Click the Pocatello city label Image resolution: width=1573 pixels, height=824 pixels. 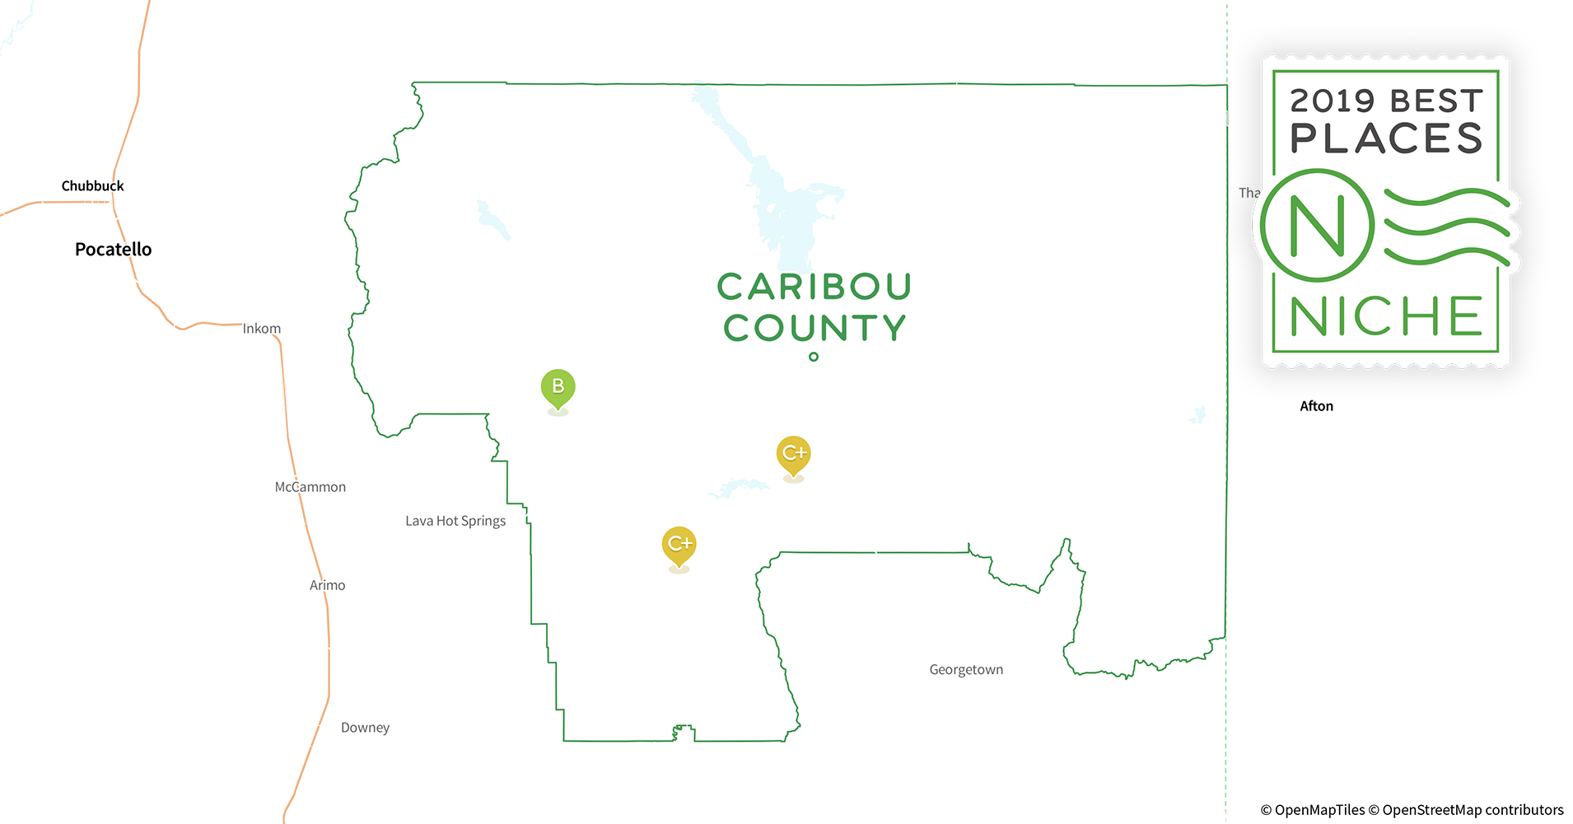[x=113, y=249]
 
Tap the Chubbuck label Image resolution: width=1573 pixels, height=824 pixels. [x=92, y=186]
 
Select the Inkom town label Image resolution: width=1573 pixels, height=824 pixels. [x=262, y=329]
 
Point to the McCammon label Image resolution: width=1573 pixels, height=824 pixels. [x=310, y=487]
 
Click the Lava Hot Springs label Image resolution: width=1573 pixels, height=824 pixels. [x=455, y=521]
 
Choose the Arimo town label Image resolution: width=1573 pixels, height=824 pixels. [x=327, y=585]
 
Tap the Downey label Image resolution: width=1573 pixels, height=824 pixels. [x=365, y=728]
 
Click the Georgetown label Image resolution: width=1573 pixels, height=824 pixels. [x=966, y=670]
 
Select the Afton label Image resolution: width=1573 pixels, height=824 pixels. [x=1316, y=406]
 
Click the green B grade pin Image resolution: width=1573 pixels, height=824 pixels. [x=558, y=387]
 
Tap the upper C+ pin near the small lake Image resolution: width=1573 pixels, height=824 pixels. [x=793, y=454]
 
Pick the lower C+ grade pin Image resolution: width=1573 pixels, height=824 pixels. [x=679, y=545]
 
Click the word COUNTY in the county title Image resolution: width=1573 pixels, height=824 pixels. [x=815, y=328]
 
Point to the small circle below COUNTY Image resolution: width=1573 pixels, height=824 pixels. [x=814, y=357]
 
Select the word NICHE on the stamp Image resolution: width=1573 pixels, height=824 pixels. [x=1386, y=316]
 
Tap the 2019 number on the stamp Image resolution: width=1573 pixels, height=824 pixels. [x=1332, y=101]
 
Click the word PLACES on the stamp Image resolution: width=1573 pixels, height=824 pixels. [x=1386, y=138]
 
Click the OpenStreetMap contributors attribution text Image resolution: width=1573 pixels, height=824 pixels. [x=1473, y=810]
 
